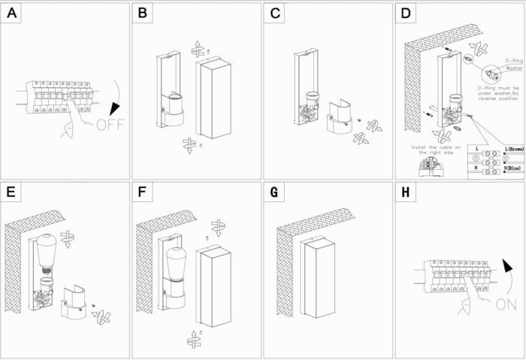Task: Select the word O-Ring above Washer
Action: point(514,59)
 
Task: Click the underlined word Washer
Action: point(514,68)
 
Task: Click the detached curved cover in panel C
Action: point(340,118)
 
